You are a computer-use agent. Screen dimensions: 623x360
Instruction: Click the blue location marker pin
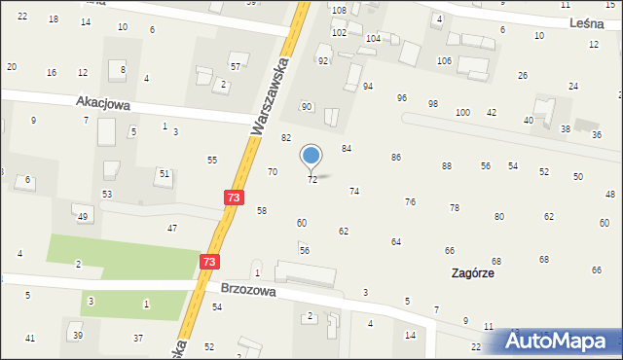[x=311, y=156]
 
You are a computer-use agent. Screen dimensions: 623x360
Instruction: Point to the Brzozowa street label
[x=248, y=290]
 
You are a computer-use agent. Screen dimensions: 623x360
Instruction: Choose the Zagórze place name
[x=473, y=273]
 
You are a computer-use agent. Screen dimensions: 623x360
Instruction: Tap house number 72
[x=312, y=180]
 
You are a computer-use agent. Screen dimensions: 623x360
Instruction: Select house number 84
[x=346, y=148]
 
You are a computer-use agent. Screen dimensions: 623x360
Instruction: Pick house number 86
[x=396, y=157]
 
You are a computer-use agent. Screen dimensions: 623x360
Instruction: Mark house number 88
[x=447, y=166]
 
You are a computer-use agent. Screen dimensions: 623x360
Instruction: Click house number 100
[x=462, y=113]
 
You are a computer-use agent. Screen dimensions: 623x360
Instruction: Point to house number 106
[x=444, y=61]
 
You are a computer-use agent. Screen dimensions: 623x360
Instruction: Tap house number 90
[x=306, y=106]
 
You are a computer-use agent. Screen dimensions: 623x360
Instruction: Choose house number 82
[x=286, y=139]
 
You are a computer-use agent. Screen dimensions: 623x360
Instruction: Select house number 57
[x=236, y=66]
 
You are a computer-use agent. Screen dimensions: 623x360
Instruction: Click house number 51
[x=165, y=173]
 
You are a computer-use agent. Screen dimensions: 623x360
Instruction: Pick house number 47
[x=172, y=228]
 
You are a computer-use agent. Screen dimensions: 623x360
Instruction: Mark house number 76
[x=411, y=201]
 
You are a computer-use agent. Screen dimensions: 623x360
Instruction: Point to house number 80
[x=499, y=215]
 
